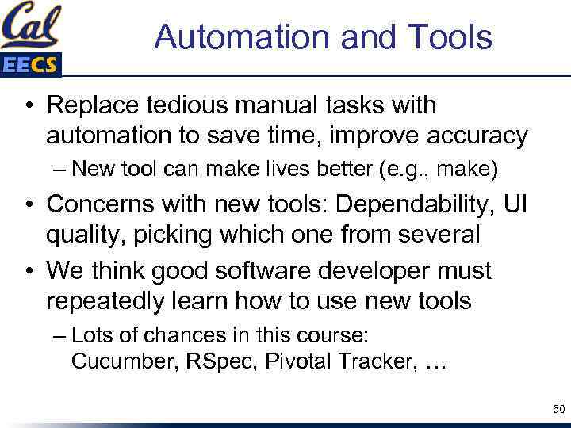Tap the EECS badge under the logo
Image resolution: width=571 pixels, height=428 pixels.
(30, 65)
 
